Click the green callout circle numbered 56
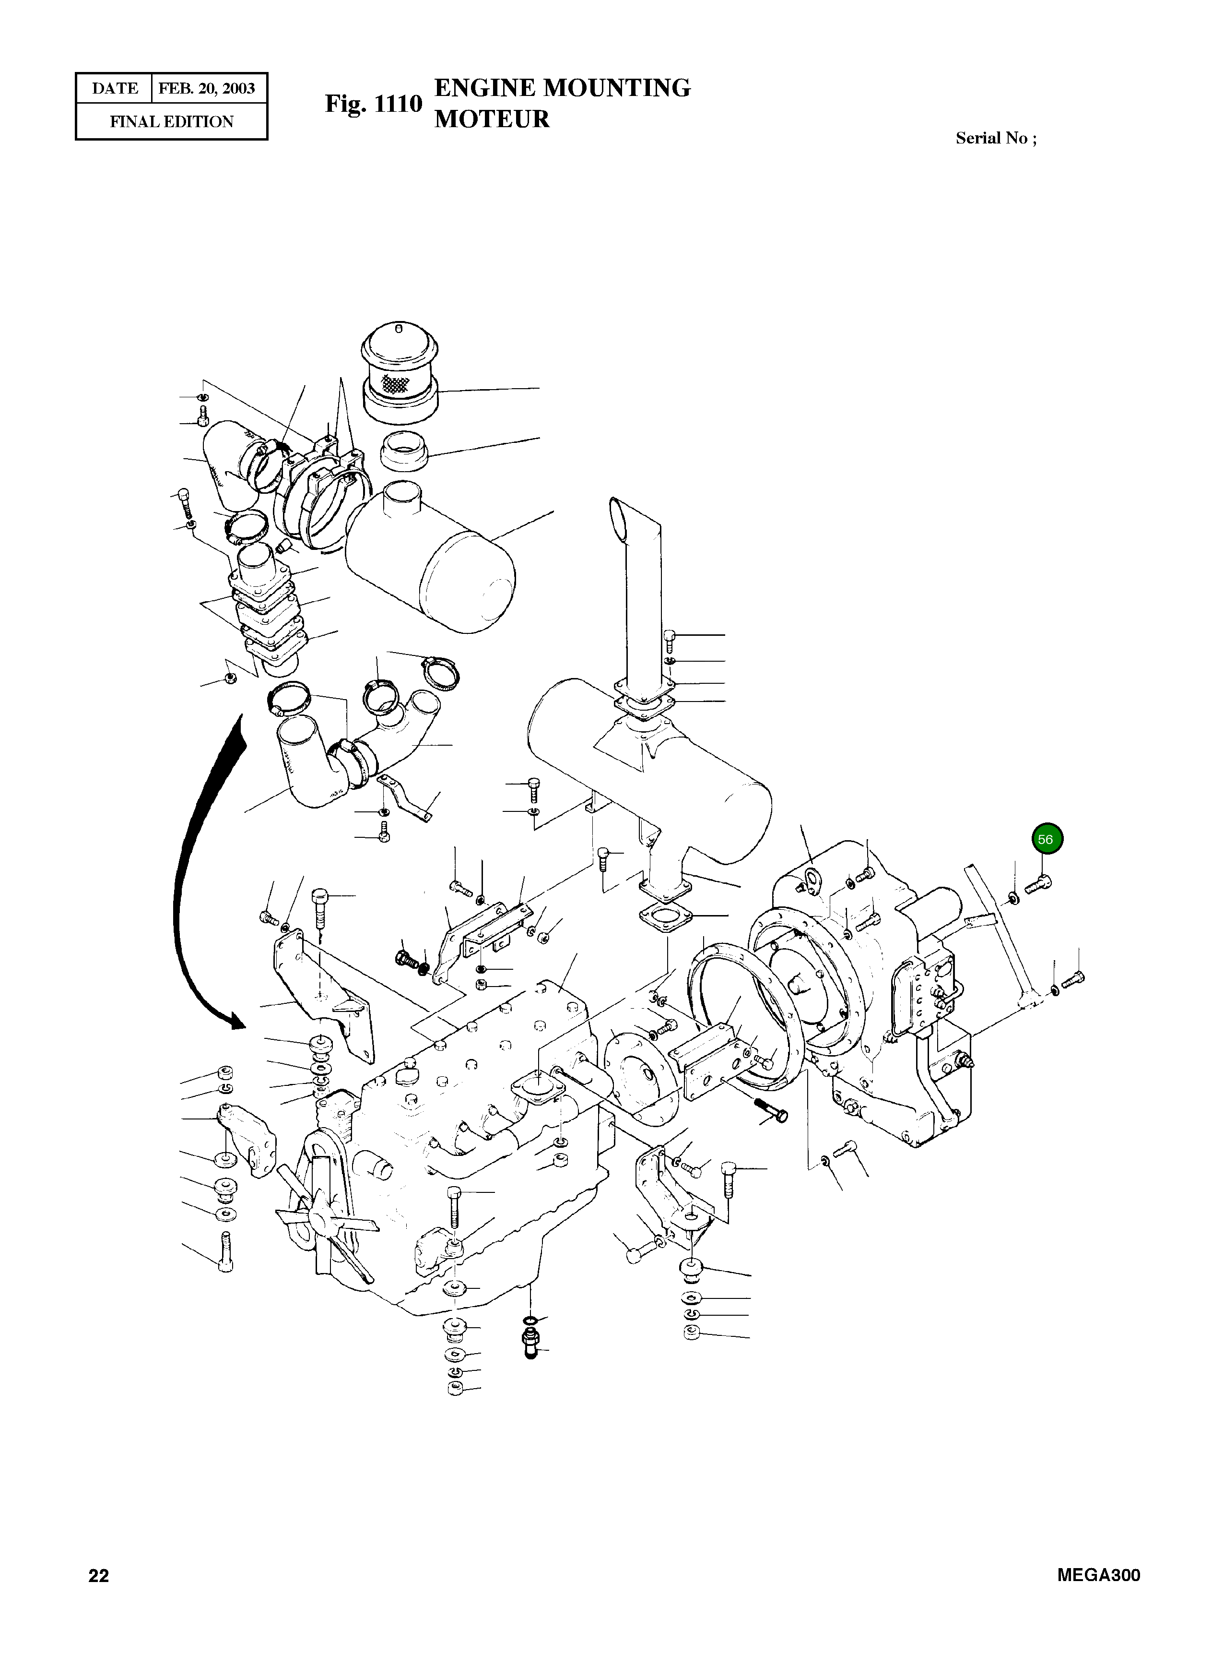1047,839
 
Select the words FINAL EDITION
172,122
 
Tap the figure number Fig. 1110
374,104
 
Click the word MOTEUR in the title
492,119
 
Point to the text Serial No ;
996,138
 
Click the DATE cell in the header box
115,89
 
